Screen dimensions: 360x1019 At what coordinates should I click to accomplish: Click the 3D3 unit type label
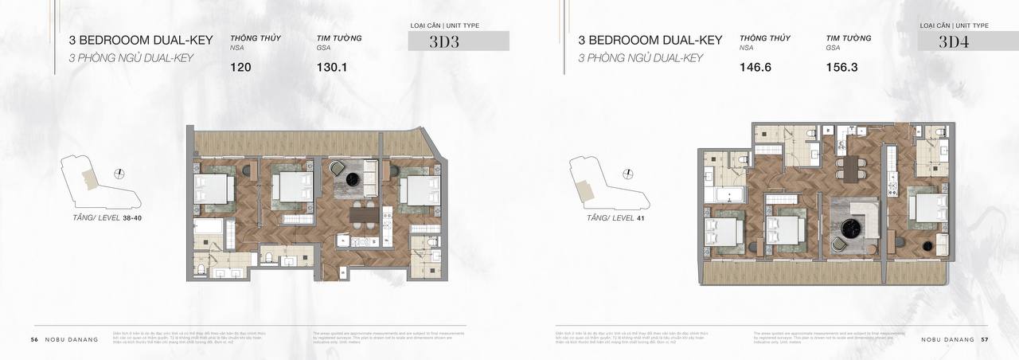(444, 42)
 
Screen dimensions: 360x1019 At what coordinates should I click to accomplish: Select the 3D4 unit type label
(954, 42)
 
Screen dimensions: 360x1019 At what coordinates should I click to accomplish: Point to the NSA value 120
(240, 68)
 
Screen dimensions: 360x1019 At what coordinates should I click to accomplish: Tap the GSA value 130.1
(332, 68)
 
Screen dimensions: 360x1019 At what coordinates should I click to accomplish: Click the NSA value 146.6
(755, 68)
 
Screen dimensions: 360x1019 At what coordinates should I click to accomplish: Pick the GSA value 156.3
(841, 68)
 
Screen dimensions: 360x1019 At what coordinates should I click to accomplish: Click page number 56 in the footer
(34, 339)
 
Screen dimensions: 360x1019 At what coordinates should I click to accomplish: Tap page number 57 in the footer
(984, 339)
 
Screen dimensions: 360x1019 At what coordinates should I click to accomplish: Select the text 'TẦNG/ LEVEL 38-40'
(107, 217)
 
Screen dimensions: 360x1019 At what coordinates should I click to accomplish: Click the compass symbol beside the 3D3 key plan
(119, 174)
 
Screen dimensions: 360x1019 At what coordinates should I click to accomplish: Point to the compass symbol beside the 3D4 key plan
(628, 174)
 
